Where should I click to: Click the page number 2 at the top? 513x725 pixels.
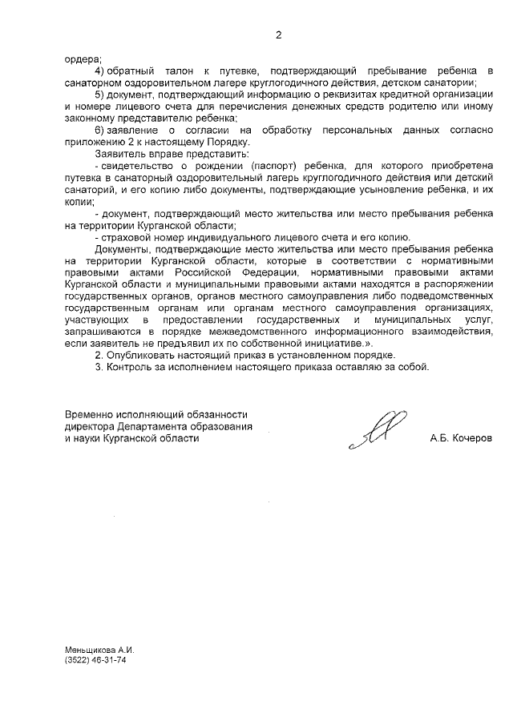pos(278,34)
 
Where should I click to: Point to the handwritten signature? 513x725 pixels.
pos(377,428)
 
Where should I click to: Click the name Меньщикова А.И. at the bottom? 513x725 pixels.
pos(97,648)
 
